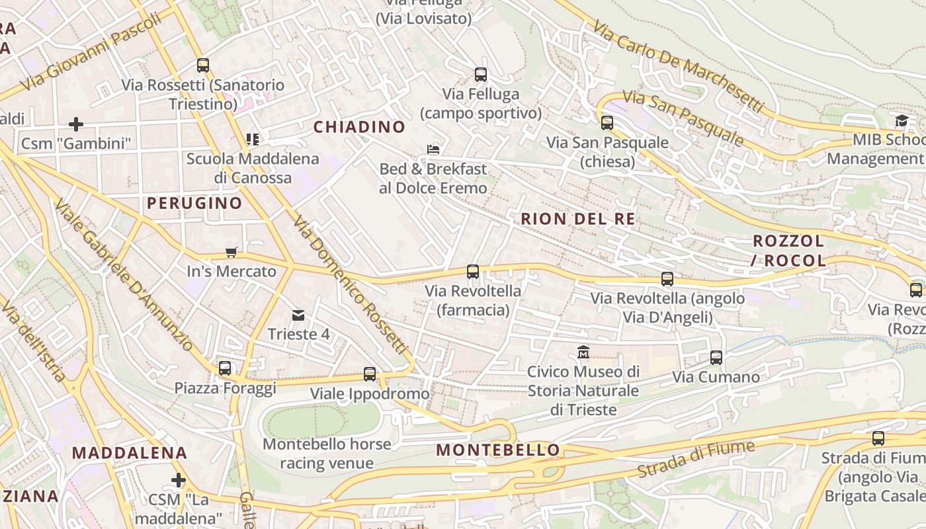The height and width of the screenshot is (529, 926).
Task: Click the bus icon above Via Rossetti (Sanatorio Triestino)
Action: click(x=203, y=65)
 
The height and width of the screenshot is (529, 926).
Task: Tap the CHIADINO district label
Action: click(x=359, y=127)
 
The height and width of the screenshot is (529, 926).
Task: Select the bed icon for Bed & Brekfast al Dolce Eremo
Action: click(x=433, y=149)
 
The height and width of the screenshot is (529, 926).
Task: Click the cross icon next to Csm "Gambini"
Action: click(x=76, y=124)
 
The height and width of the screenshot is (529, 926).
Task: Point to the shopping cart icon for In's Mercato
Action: click(x=231, y=252)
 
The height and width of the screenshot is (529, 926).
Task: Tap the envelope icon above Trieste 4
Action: click(x=298, y=315)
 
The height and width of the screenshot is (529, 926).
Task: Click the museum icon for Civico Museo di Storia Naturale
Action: click(x=583, y=352)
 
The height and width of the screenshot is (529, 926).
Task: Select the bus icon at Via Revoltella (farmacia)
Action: click(x=473, y=271)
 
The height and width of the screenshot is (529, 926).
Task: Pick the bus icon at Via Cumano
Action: click(x=716, y=358)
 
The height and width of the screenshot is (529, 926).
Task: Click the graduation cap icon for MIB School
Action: click(x=902, y=120)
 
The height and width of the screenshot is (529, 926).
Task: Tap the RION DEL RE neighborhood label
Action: click(x=577, y=219)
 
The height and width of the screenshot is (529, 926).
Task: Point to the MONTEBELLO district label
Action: click(x=498, y=450)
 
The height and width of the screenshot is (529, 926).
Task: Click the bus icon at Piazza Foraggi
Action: click(x=225, y=368)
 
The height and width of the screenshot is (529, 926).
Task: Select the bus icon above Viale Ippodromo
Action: click(x=370, y=374)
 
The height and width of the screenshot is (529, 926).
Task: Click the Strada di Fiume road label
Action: click(x=696, y=459)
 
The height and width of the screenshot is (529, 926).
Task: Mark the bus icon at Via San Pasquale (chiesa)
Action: click(x=607, y=122)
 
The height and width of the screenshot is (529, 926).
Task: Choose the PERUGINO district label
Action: click(x=194, y=203)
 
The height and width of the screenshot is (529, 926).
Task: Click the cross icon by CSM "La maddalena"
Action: click(x=178, y=479)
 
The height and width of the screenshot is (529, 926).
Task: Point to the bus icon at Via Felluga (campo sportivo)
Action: click(x=481, y=75)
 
